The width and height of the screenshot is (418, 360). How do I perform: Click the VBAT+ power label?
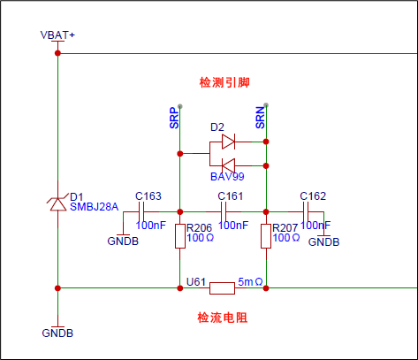click(57, 35)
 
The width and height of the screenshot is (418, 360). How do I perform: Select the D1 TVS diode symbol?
click(58, 203)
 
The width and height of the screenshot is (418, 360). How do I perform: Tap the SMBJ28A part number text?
click(94, 207)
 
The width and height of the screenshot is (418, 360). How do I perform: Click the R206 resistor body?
click(180, 236)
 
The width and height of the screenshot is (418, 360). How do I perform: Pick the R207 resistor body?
click(266, 236)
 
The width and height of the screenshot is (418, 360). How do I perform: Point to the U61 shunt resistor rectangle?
click(222, 288)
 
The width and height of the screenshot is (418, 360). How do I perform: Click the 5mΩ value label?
click(250, 282)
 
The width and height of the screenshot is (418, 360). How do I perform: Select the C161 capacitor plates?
click(223, 211)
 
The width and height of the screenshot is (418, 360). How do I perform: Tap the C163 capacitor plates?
click(141, 211)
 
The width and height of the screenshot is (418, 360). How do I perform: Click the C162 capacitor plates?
click(306, 211)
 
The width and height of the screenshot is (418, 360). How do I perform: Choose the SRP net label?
click(174, 118)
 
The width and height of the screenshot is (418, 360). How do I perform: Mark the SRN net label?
click(260, 118)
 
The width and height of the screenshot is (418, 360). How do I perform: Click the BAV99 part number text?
click(227, 177)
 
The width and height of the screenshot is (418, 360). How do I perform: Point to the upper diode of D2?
click(228, 142)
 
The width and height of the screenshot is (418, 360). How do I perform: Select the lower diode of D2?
click(228, 165)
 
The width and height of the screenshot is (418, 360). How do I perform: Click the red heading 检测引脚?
click(224, 82)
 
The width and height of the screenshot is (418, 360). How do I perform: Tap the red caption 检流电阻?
click(223, 318)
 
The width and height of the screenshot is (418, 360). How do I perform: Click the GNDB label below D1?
click(57, 333)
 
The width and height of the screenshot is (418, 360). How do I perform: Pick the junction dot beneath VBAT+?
click(57, 53)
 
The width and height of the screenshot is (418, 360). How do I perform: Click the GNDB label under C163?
click(123, 241)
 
